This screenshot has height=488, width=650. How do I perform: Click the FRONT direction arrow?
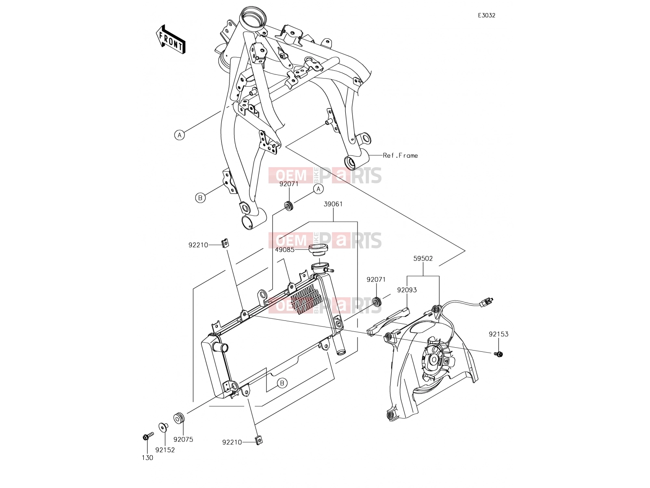171,39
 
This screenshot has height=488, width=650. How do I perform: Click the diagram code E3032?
487,15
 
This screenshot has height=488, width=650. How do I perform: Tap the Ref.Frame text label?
401,156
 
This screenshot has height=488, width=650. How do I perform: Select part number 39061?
333,204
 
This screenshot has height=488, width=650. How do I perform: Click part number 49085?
285,250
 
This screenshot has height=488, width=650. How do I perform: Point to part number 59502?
423,259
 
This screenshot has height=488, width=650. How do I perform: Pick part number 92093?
407,290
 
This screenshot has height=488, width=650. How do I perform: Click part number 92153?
498,334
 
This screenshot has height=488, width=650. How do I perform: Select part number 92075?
183,440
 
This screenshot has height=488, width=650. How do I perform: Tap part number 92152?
165,450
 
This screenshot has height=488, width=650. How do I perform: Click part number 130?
147,458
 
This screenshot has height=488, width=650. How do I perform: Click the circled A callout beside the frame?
179,135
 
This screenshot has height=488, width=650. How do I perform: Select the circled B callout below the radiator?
282,383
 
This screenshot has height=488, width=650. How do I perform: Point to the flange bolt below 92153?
499,353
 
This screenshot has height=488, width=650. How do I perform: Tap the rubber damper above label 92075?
179,418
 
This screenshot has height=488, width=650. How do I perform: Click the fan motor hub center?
434,359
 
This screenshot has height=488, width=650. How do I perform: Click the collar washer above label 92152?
163,427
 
